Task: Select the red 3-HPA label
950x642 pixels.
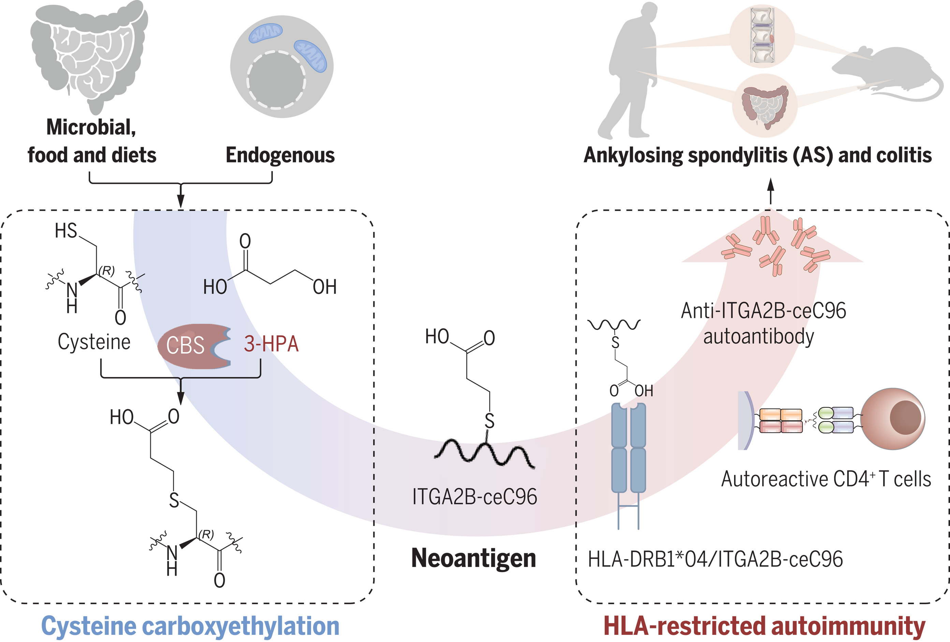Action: point(271,344)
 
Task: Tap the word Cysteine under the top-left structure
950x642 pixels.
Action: point(94,342)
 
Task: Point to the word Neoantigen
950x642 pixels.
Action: point(473,558)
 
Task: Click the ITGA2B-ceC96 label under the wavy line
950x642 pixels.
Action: point(474,497)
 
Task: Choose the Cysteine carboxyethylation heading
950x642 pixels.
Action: point(190,626)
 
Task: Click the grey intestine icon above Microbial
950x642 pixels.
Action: point(90,53)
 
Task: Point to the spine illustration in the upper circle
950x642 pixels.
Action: point(762,37)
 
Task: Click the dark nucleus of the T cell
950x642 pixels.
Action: point(905,417)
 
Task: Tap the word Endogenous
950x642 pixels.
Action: point(280,155)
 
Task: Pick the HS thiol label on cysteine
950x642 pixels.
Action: point(66,230)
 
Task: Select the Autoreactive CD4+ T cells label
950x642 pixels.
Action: point(826,479)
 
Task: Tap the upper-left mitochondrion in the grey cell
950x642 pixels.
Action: point(266,33)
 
